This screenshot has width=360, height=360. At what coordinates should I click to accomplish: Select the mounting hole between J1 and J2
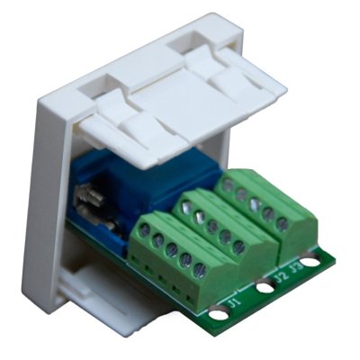pos(265,289)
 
